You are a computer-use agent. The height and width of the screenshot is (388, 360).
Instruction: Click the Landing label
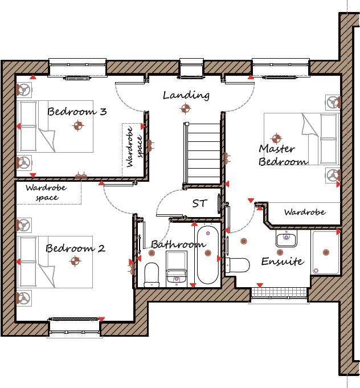(x=186, y=95)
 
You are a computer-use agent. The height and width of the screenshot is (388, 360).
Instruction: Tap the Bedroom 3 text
(x=77, y=111)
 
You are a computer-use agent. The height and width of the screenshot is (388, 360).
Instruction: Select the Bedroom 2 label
(x=75, y=248)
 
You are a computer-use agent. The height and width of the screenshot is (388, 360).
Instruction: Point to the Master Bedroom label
(x=283, y=155)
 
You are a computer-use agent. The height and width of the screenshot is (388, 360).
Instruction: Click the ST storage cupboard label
(x=199, y=203)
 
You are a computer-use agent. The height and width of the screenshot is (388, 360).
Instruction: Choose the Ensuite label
(x=282, y=262)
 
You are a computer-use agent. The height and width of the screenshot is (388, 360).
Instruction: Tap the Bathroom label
(x=178, y=244)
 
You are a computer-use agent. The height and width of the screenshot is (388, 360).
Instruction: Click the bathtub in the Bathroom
(x=207, y=255)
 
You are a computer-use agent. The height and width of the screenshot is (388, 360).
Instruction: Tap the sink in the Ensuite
(x=286, y=238)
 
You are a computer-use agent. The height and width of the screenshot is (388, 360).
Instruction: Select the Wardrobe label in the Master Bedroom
(x=305, y=213)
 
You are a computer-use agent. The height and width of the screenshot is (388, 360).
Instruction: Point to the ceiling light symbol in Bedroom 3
(x=77, y=126)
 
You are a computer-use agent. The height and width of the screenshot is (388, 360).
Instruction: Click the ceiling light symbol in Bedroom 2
(x=75, y=262)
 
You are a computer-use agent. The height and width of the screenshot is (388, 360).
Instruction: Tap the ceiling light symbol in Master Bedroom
(x=277, y=137)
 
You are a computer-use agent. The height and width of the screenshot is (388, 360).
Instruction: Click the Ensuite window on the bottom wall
(x=279, y=293)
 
